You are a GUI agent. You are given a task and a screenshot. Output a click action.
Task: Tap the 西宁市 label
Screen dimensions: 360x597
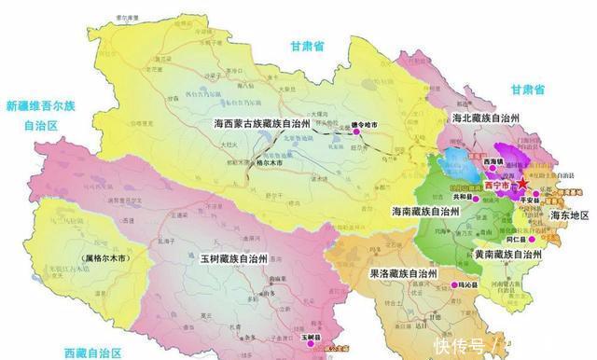point(495,185)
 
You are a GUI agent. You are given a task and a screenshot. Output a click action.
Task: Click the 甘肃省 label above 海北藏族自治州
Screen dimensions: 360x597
point(527,90)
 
